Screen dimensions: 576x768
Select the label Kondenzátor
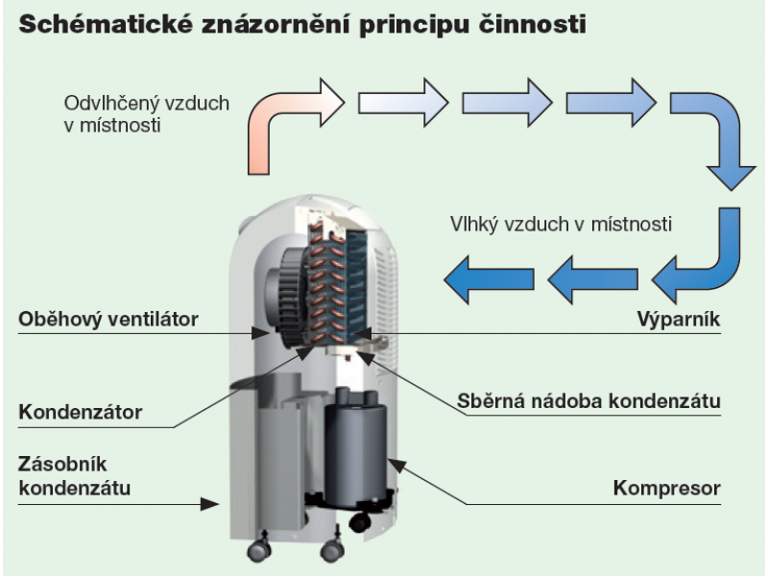81,413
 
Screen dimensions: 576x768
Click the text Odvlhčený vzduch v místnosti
147,113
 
